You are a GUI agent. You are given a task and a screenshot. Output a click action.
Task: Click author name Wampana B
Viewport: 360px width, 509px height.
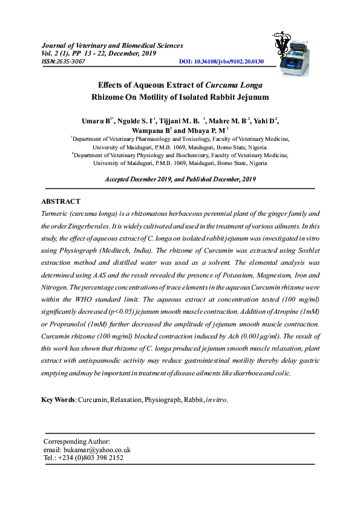click(x=152, y=130)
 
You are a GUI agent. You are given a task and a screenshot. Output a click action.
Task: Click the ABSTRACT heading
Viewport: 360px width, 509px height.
click(x=61, y=201)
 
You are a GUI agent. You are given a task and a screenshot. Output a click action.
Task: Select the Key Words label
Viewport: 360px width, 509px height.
click(x=58, y=400)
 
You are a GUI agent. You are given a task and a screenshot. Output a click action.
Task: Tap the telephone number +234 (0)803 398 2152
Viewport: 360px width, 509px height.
click(x=91, y=458)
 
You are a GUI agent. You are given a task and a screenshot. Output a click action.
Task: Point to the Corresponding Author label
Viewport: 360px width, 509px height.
click(x=77, y=442)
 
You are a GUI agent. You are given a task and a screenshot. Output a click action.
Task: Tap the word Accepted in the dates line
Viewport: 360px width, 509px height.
click(x=119, y=180)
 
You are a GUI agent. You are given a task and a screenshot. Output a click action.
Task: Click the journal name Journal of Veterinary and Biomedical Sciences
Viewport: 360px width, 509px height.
click(x=111, y=45)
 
